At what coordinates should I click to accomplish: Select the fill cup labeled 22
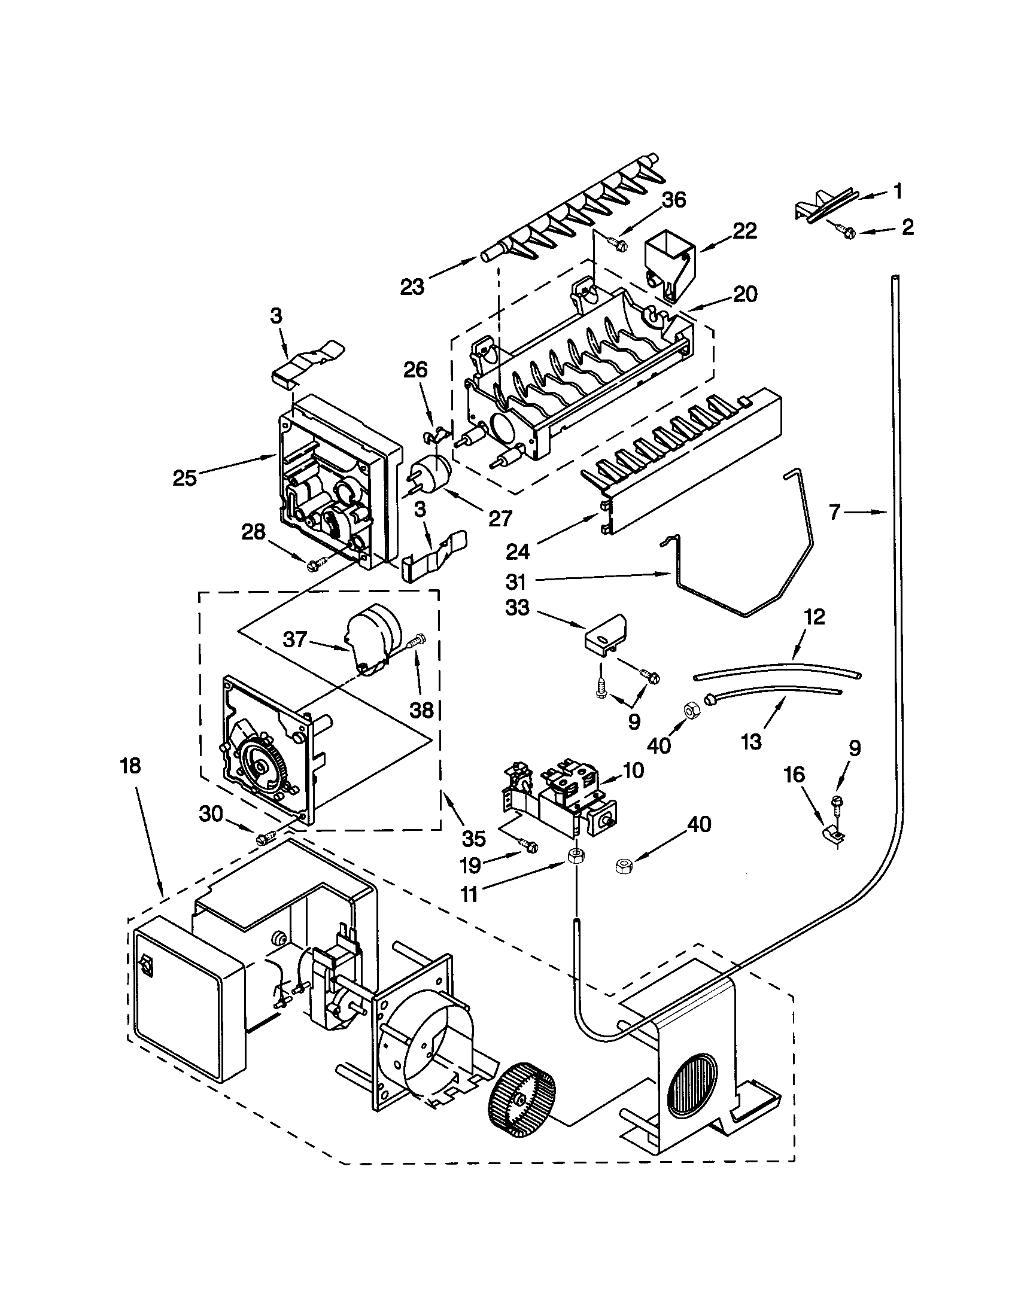(669, 267)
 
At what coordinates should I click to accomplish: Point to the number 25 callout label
(184, 479)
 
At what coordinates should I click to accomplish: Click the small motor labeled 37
(373, 636)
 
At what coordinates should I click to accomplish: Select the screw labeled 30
(266, 837)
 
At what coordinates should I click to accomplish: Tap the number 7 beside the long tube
(835, 513)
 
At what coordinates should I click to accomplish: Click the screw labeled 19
(530, 846)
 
